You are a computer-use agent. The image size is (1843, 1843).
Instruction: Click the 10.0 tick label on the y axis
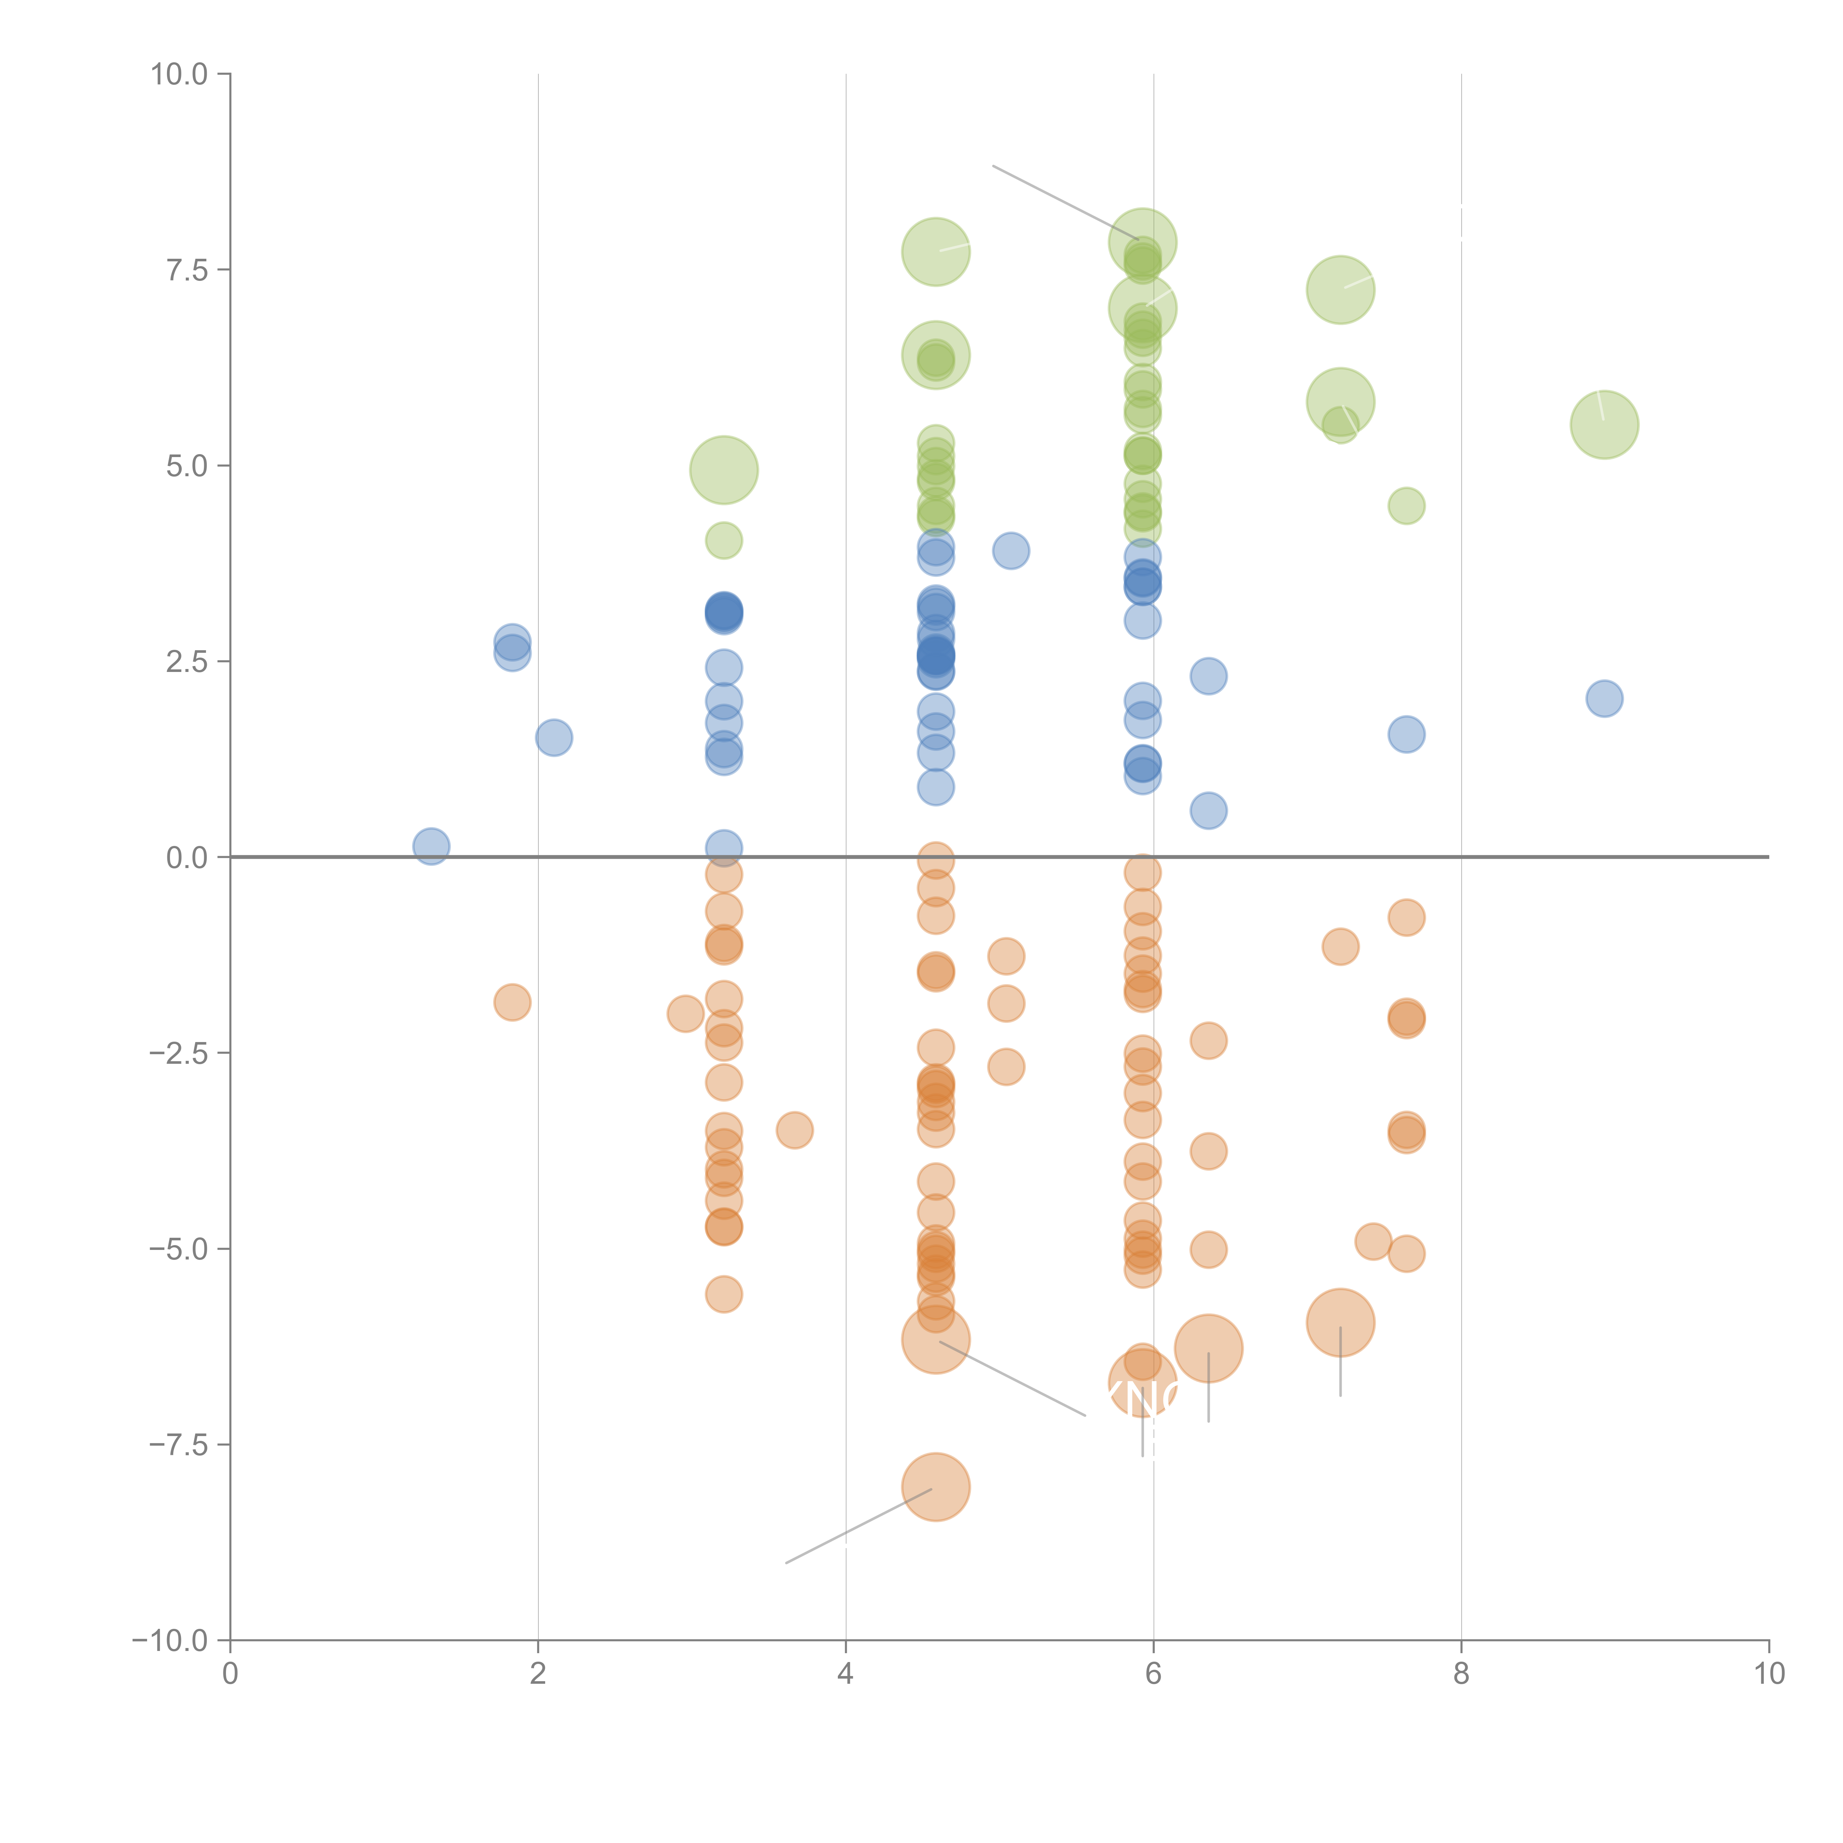(x=180, y=74)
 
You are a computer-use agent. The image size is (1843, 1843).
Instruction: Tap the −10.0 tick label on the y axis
(x=171, y=1641)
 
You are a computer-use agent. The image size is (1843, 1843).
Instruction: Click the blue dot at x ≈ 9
(x=1605, y=698)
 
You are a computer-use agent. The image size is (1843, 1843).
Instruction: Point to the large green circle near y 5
(x=724, y=470)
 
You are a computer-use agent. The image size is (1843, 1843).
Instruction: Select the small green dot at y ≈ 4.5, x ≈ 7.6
(x=1406, y=506)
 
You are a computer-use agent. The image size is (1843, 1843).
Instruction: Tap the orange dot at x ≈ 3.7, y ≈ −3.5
(x=795, y=1130)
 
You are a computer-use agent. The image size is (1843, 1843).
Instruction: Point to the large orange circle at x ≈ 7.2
(x=1340, y=1322)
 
